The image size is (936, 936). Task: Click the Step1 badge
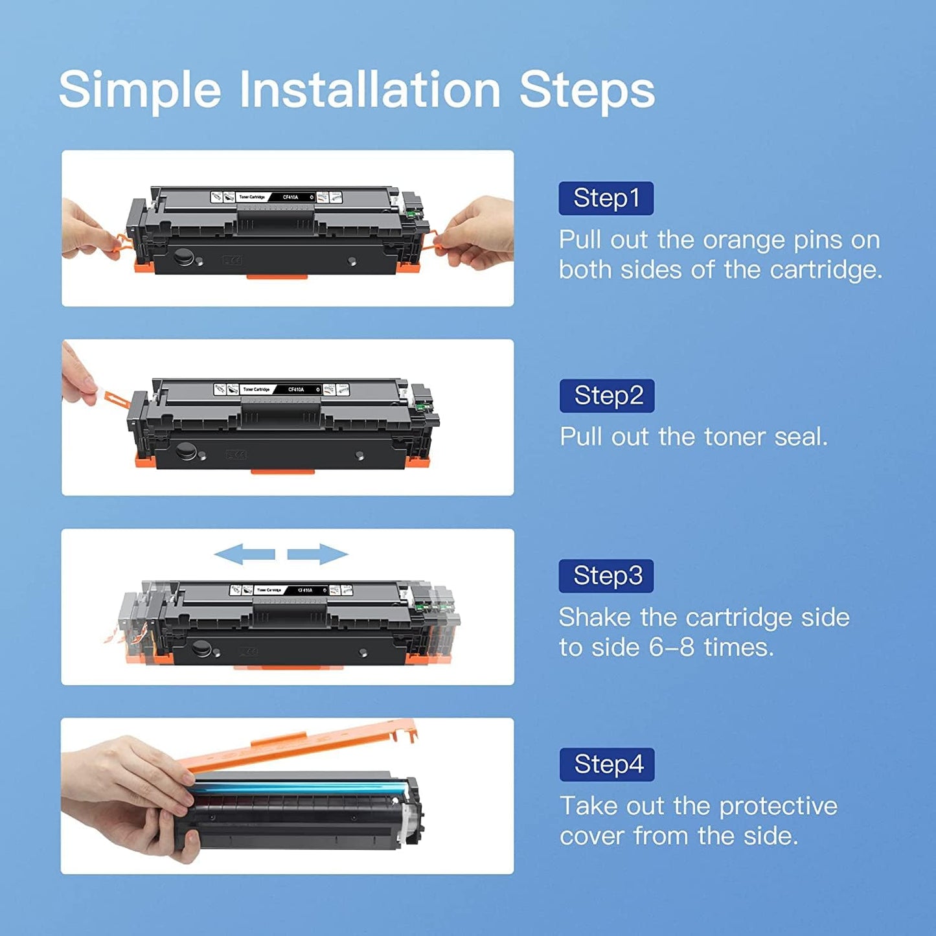606,198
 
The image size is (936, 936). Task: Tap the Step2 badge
607,396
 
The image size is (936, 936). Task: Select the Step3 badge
606,576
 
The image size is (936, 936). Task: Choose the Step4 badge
607,765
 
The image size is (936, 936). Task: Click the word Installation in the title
370,90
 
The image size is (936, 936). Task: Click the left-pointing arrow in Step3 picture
245,554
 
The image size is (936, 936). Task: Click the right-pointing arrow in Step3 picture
318,554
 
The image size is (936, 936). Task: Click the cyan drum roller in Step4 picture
298,788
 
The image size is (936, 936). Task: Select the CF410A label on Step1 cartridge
290,197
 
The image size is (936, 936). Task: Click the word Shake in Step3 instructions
595,617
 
